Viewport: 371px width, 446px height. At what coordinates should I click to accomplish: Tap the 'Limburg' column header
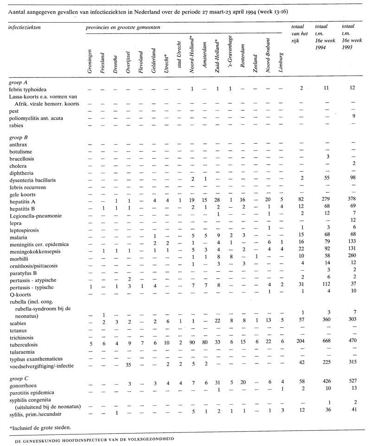click(281, 63)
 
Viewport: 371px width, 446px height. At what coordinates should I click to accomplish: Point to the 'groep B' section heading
click(19, 138)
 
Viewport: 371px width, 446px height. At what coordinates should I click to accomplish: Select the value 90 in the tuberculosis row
click(192, 345)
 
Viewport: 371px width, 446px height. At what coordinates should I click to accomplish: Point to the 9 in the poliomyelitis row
click(353, 116)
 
